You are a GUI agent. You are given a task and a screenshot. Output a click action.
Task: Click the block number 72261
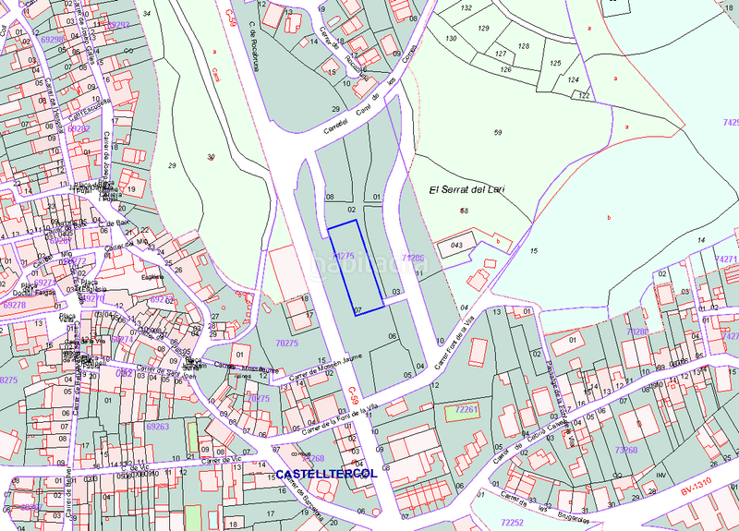click(x=467, y=408)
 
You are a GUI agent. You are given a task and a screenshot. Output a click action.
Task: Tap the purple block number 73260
click(x=625, y=450)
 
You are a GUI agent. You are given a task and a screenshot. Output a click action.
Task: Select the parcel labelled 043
click(x=456, y=245)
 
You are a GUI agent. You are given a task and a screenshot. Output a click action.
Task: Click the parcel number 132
click(x=466, y=8)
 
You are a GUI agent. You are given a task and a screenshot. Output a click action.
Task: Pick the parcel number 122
click(x=584, y=95)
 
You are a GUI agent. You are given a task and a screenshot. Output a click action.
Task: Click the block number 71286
click(x=413, y=259)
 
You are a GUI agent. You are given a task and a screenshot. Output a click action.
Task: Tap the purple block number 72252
click(x=513, y=522)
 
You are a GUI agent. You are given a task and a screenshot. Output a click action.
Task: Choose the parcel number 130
click(x=451, y=39)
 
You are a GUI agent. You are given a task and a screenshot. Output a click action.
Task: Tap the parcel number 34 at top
click(x=148, y=14)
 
